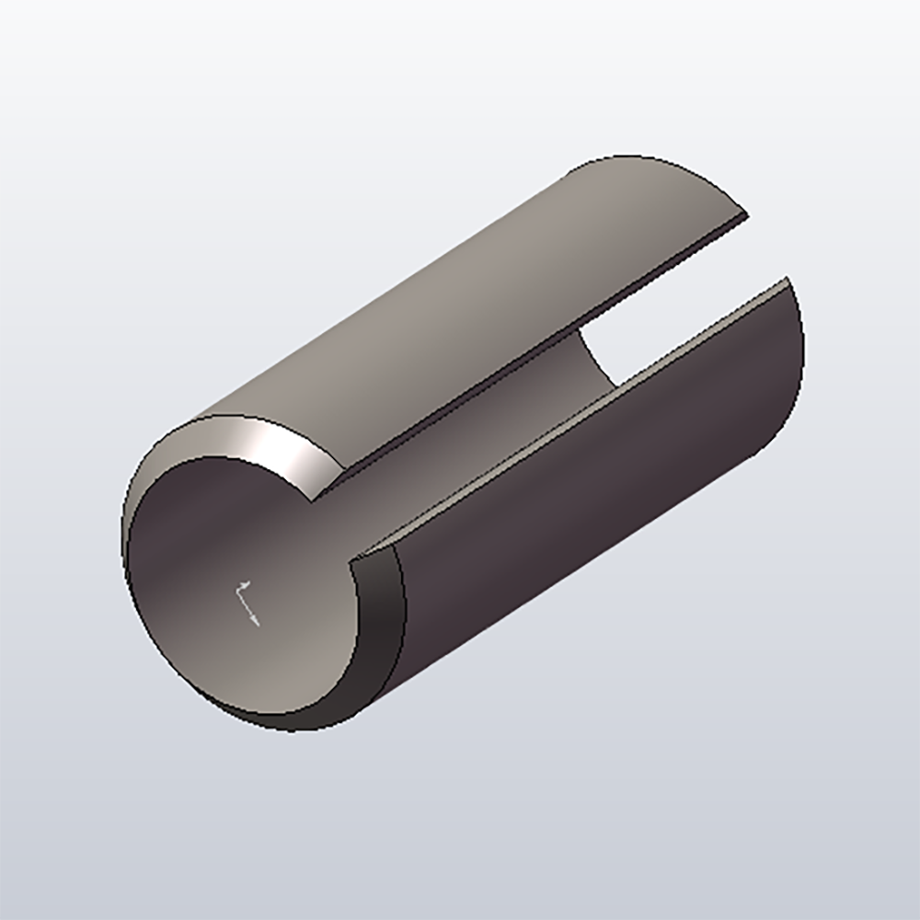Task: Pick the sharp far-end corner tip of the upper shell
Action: [x=746, y=217]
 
